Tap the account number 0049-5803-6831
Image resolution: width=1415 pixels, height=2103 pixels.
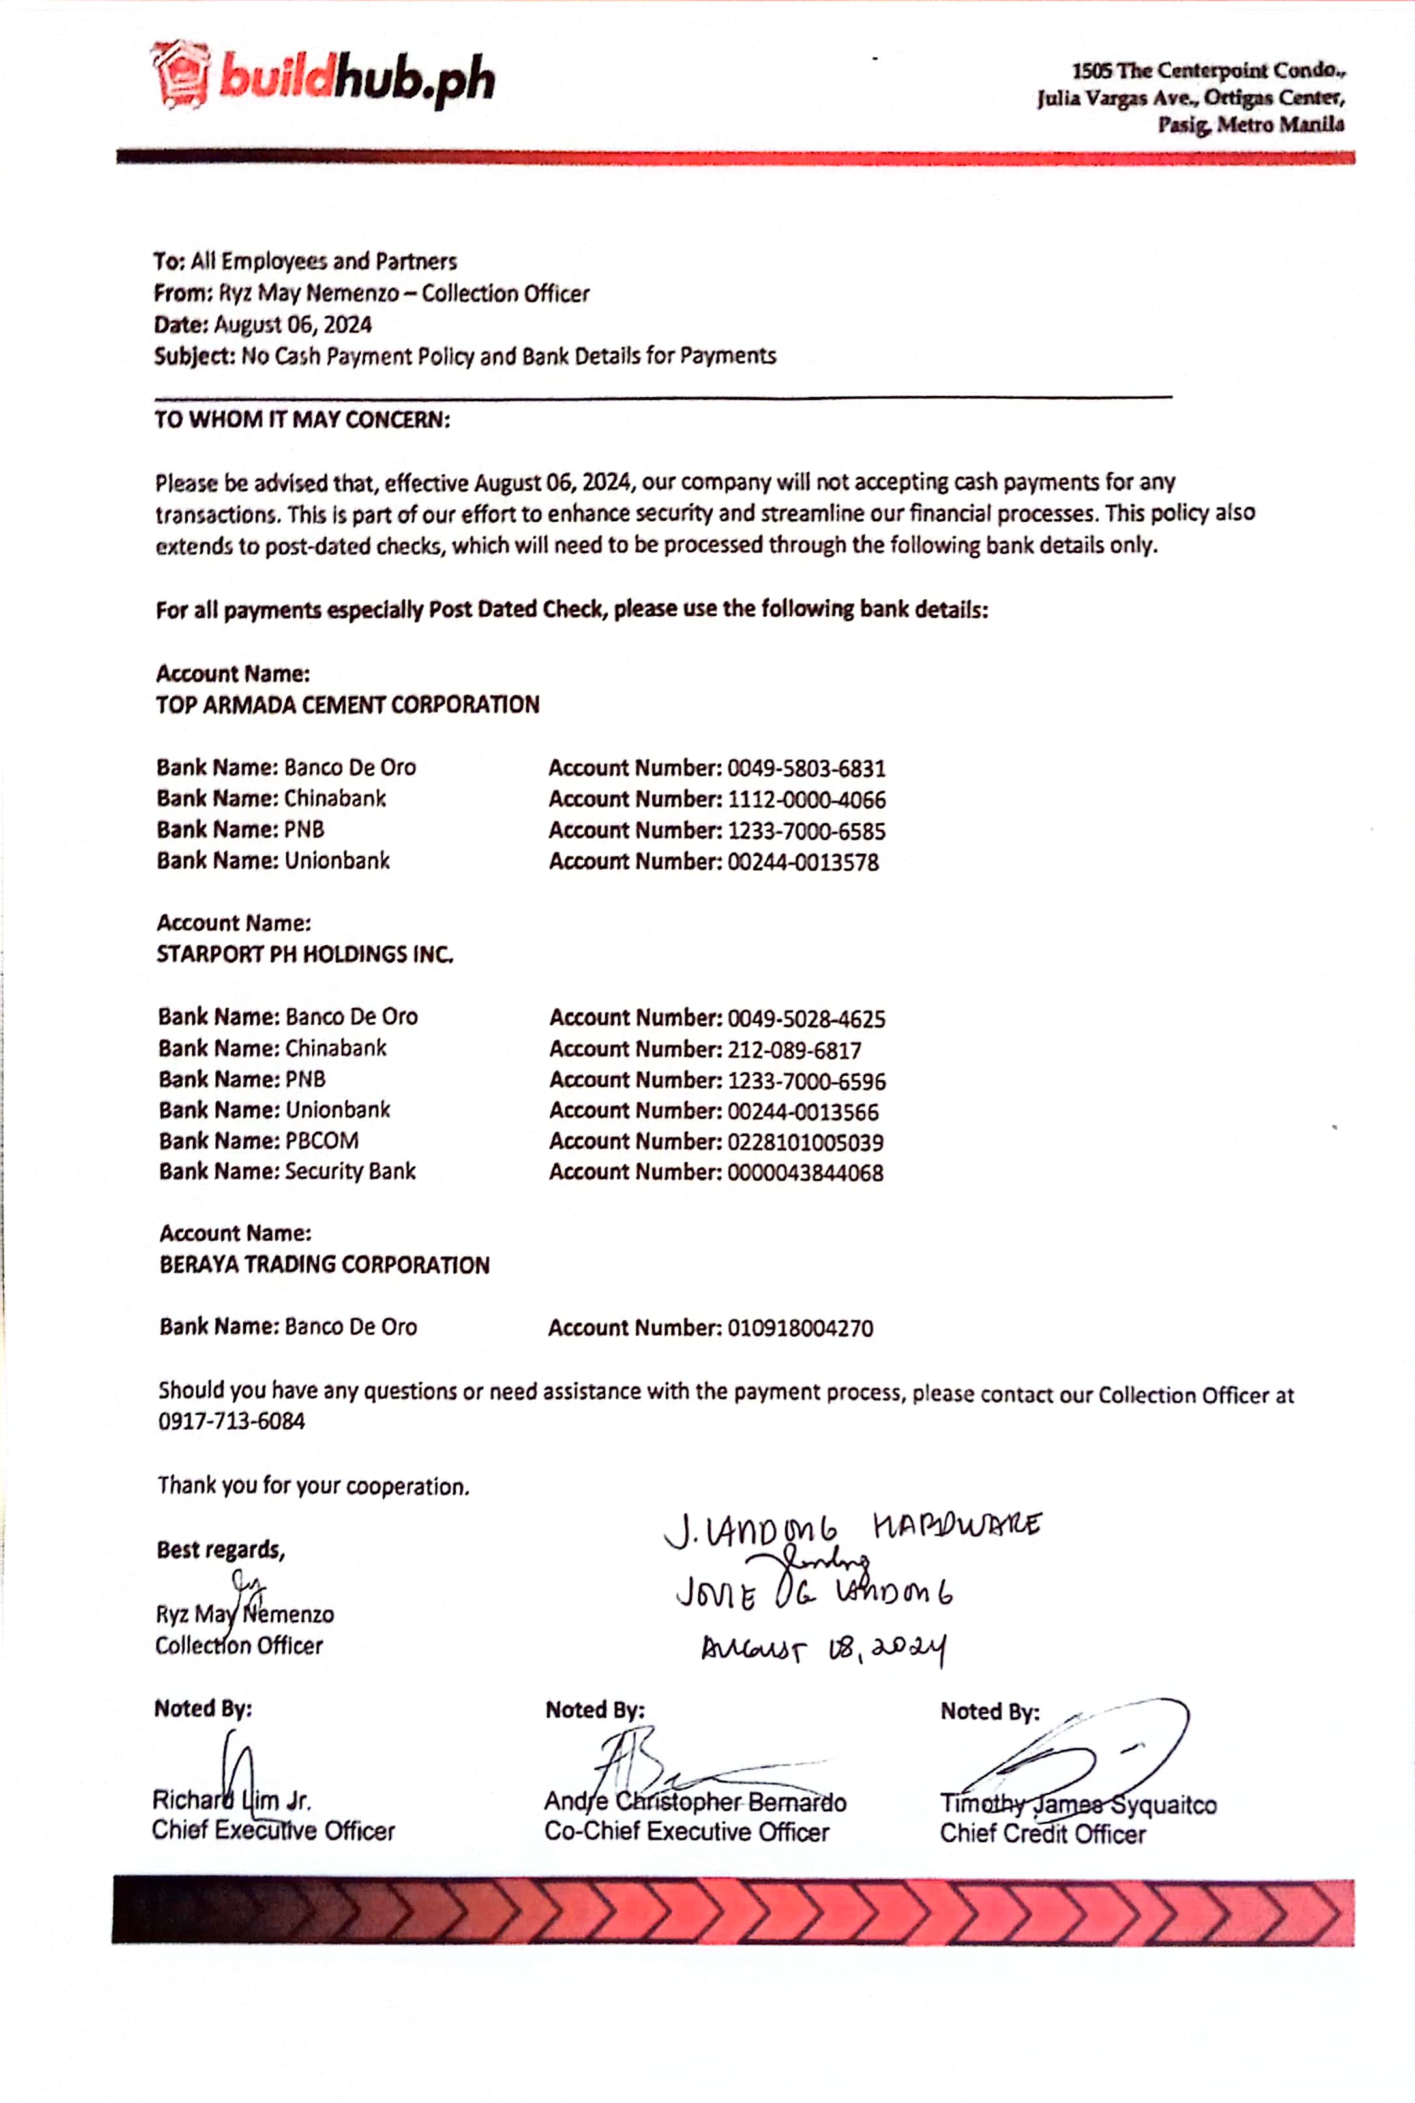click(x=806, y=769)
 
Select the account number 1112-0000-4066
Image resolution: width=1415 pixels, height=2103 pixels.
click(x=806, y=800)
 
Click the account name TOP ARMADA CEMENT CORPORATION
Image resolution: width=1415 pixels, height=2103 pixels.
click(x=348, y=705)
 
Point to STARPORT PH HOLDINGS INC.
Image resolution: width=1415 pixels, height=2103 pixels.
click(x=305, y=954)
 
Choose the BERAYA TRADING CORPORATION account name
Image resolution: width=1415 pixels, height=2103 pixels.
click(x=325, y=1265)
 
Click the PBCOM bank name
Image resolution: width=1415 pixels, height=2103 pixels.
click(x=322, y=1141)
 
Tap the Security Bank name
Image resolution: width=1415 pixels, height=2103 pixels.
click(x=350, y=1172)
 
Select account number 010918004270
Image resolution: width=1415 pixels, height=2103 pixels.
click(x=801, y=1329)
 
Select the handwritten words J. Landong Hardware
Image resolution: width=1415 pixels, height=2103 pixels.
click(x=853, y=1528)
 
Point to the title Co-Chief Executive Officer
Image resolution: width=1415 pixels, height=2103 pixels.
click(x=687, y=1832)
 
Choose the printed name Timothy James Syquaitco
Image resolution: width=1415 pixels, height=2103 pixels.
click(x=1079, y=1804)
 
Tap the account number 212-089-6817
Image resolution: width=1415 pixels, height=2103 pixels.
click(x=794, y=1050)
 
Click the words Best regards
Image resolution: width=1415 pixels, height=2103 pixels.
click(x=220, y=1550)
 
